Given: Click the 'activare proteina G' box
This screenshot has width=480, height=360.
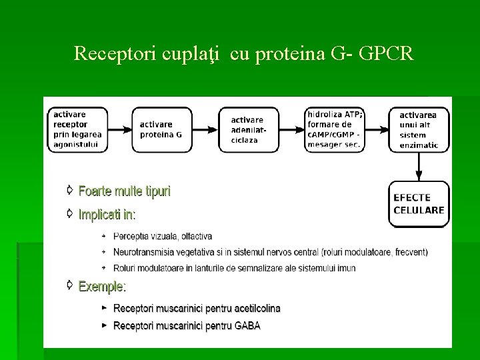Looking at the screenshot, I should click(x=161, y=129).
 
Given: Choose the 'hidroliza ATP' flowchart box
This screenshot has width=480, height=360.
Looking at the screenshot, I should click(x=335, y=129).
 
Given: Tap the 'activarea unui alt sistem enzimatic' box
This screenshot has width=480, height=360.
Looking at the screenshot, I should click(x=420, y=129).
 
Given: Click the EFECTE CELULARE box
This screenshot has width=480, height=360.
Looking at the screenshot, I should click(x=419, y=203).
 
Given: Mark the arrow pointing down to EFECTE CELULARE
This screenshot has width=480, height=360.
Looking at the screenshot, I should click(x=419, y=167).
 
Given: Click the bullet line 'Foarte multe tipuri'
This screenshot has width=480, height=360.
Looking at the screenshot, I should click(x=125, y=191).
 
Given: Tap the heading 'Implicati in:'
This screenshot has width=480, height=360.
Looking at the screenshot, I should click(x=107, y=215).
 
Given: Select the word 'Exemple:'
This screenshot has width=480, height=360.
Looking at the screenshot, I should click(x=102, y=287).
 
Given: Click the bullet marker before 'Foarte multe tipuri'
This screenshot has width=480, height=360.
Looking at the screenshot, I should click(x=69, y=191).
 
